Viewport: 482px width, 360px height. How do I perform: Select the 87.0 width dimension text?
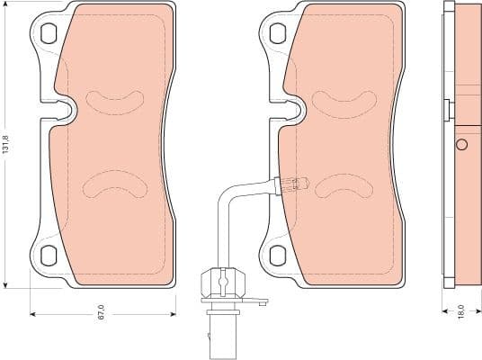(102, 312)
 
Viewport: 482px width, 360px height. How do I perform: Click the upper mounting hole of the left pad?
(49, 34)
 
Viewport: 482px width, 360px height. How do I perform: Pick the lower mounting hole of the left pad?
(49, 255)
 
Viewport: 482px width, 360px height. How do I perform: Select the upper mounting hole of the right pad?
(278, 34)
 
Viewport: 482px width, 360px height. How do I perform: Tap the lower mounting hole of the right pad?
(278, 255)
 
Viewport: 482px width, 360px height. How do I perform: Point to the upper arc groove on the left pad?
(114, 98)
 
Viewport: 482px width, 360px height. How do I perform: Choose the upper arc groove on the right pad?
(343, 98)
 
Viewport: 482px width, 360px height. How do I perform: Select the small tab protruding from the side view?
(447, 109)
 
